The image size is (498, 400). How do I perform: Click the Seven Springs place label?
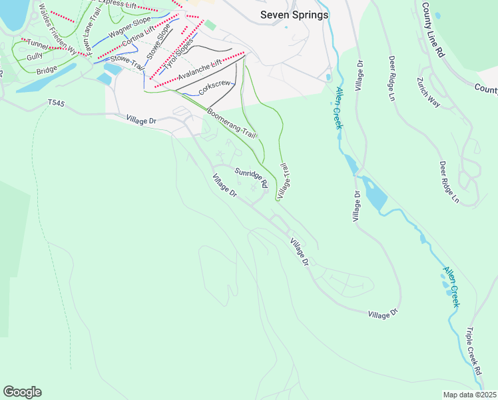(294, 15)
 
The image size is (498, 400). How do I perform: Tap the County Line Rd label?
(433, 30)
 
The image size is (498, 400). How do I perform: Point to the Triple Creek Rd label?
(473, 353)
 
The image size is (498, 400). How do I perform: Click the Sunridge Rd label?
(251, 177)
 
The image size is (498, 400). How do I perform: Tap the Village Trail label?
(285, 179)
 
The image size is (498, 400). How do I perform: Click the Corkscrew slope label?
(214, 87)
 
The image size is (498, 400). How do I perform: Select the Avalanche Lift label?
(198, 70)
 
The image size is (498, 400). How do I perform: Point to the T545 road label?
(58, 103)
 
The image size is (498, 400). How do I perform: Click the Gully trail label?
(35, 58)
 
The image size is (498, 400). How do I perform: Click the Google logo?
(22, 392)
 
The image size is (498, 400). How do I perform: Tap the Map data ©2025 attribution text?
(469, 395)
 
